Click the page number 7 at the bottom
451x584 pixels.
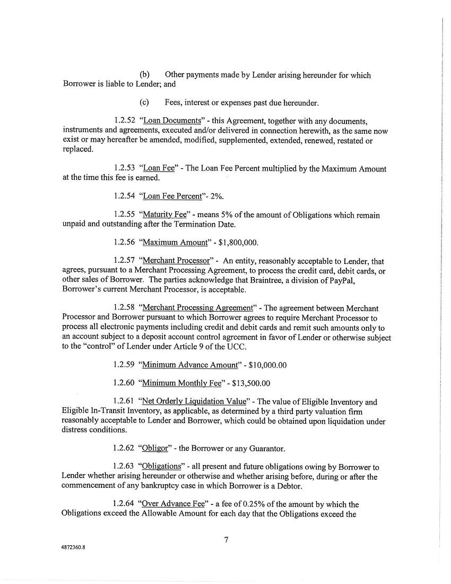point(226,540)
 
